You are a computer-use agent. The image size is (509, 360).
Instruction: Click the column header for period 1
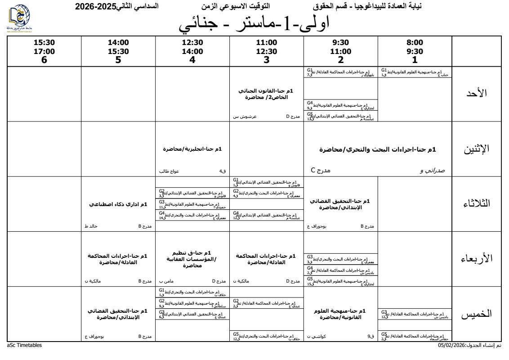415,51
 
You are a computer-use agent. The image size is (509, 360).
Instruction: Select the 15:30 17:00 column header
44,51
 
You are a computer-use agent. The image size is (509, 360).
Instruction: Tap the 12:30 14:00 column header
192,51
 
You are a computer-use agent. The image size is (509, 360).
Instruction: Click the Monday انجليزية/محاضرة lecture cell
192,149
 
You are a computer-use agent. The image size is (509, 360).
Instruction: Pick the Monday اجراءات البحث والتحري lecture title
378,149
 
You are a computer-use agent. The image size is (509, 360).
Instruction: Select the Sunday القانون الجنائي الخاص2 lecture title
266,94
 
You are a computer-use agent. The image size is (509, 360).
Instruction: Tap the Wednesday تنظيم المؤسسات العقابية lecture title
192,260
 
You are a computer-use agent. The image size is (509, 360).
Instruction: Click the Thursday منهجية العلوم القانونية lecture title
340,314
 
